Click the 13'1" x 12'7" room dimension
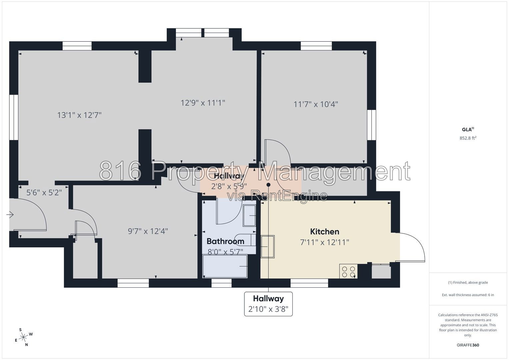pos(79,115)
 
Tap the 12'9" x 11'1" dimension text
pos(203,103)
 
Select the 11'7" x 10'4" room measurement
pos(316,104)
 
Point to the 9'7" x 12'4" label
pos(148,231)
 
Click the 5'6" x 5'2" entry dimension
pos(44,193)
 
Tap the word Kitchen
pos(324,232)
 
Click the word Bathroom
pos(225,241)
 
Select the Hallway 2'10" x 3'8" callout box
pos(268,304)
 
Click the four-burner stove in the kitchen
pos(348,271)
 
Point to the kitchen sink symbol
pos(268,247)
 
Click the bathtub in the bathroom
pos(225,266)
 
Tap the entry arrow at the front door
pos(10,215)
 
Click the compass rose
pos(23,337)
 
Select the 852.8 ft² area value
pos(468,138)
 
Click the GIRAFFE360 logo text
pos(468,345)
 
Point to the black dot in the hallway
pos(268,185)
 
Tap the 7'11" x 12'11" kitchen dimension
pos(324,242)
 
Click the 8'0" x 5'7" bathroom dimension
pos(225,252)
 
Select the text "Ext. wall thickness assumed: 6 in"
pos(468,295)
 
